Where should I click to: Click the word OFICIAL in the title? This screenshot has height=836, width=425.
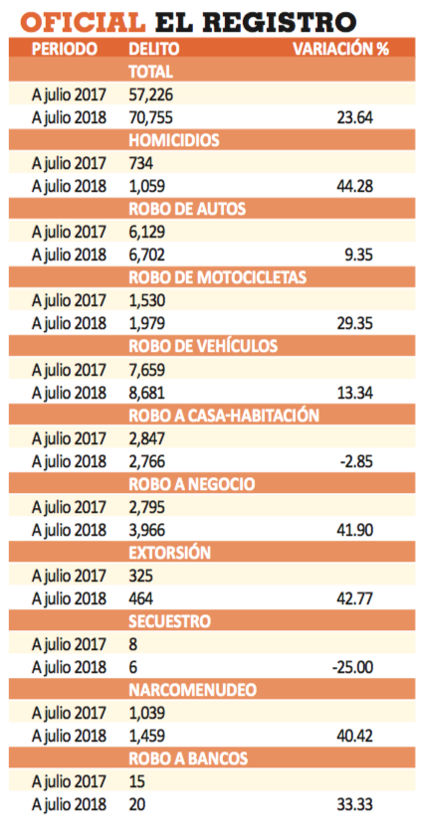pyautogui.click(x=83, y=23)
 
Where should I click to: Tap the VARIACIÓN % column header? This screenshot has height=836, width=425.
pyautogui.click(x=340, y=49)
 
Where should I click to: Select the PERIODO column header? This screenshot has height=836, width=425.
pyautogui.click(x=65, y=49)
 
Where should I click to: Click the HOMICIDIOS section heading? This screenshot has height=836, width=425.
pyautogui.click(x=174, y=140)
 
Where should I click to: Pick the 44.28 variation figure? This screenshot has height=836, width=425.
pyautogui.click(x=355, y=187)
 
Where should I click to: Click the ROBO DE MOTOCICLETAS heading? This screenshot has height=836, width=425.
pyautogui.click(x=217, y=277)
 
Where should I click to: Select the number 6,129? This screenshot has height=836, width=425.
pyautogui.click(x=147, y=232)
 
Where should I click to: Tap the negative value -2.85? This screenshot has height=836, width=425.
pyautogui.click(x=356, y=461)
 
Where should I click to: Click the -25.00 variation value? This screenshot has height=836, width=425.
pyautogui.click(x=352, y=668)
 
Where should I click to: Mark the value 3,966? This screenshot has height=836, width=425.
pyautogui.click(x=147, y=531)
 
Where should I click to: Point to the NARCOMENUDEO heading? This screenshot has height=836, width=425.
pyautogui.click(x=193, y=691)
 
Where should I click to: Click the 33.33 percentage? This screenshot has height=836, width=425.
pyautogui.click(x=355, y=805)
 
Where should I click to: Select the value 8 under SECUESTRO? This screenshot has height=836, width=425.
pyautogui.click(x=133, y=644)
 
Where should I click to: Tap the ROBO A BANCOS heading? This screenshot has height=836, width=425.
pyautogui.click(x=188, y=759)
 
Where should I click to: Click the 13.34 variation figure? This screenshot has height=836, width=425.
pyautogui.click(x=355, y=393)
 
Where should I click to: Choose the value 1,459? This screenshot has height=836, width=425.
pyautogui.click(x=147, y=737)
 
